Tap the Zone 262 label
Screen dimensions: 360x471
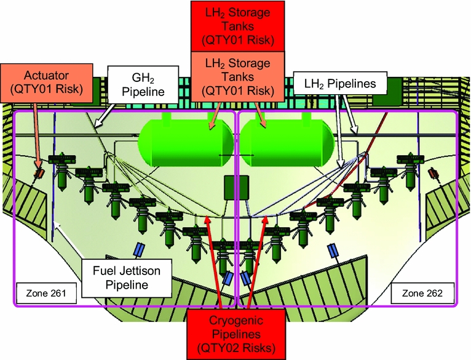point(422,292)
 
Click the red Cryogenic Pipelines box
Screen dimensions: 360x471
point(235,332)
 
